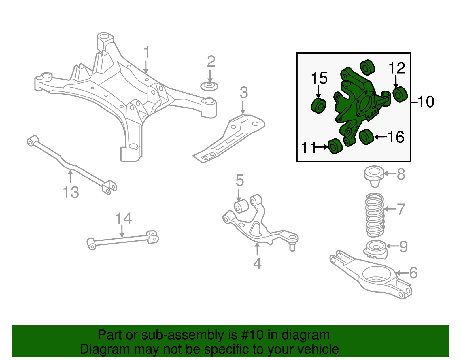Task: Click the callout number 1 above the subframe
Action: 147,52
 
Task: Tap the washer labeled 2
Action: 209,86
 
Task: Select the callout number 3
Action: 244,93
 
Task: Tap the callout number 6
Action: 413,273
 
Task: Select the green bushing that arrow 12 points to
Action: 400,94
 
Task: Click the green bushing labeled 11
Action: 335,146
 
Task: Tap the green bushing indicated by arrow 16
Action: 366,137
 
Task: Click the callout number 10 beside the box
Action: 426,102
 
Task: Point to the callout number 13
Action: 71,192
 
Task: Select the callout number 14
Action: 123,219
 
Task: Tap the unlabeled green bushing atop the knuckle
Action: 367,67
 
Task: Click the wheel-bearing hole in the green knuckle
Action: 366,103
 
